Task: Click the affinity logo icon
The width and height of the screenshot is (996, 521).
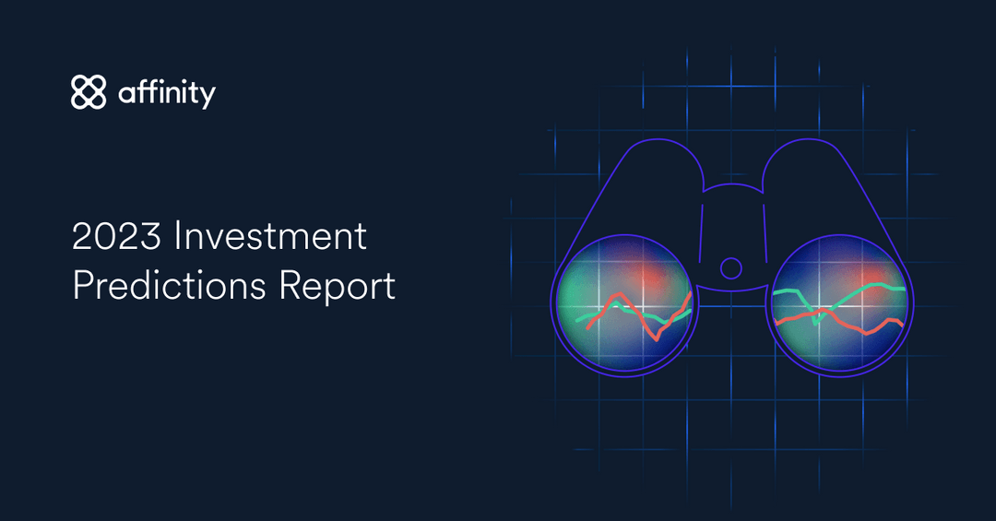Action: click(89, 92)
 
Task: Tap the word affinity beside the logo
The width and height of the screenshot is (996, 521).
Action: click(167, 93)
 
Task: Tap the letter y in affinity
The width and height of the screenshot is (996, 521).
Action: click(208, 97)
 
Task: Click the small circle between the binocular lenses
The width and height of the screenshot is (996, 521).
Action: click(730, 268)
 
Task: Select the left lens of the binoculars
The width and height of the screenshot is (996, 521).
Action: click(624, 305)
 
